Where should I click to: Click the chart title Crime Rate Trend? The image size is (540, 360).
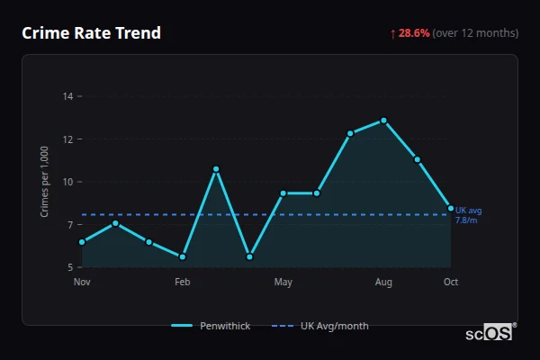click(x=91, y=33)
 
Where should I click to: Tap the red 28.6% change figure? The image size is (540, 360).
click(x=413, y=33)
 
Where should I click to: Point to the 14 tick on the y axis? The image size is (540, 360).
click(x=67, y=96)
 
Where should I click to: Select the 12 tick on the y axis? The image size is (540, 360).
click(x=67, y=139)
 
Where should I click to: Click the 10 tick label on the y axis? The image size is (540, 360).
click(x=67, y=182)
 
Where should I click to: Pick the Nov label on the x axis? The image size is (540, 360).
click(x=82, y=283)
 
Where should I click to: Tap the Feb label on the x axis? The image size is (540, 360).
click(x=183, y=283)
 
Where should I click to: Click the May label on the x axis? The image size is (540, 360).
click(x=283, y=283)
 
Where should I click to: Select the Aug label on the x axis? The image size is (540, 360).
click(x=383, y=283)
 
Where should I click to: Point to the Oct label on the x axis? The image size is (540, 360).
click(x=451, y=283)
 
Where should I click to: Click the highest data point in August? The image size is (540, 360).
click(x=383, y=121)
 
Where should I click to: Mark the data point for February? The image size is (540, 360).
click(x=183, y=256)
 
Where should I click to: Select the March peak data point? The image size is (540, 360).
click(x=216, y=169)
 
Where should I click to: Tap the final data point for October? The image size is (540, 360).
click(x=451, y=208)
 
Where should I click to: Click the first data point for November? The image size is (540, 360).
click(x=82, y=242)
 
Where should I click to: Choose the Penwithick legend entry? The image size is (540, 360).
click(x=211, y=326)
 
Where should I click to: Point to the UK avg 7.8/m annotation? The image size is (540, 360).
click(x=466, y=215)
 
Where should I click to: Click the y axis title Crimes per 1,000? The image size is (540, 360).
click(x=44, y=182)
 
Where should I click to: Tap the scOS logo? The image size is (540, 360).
click(x=490, y=333)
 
